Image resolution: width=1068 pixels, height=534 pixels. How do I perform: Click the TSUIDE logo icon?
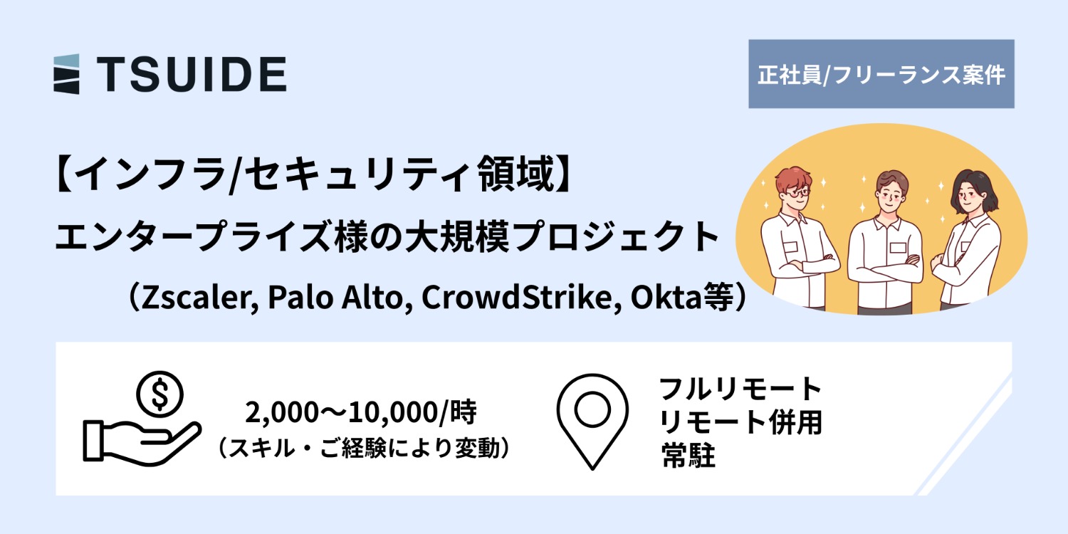tap(66, 74)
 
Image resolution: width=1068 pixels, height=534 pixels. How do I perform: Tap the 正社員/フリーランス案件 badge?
tap(881, 74)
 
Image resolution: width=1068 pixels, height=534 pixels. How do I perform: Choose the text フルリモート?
tap(740, 389)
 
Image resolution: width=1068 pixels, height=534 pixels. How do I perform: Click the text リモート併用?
tap(740, 423)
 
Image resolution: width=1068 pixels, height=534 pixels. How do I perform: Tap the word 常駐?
tap(688, 456)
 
